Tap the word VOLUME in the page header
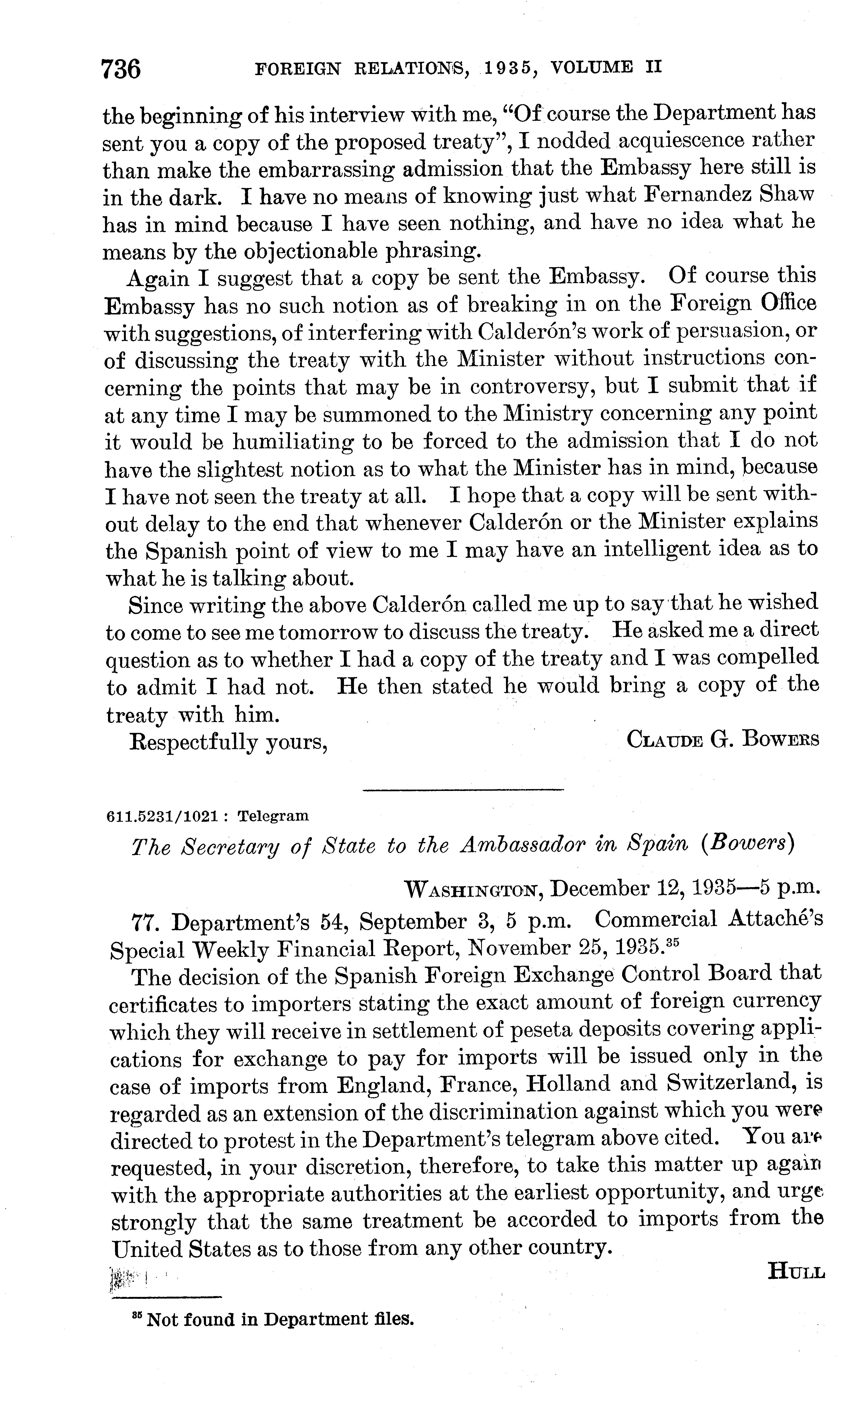592,68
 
